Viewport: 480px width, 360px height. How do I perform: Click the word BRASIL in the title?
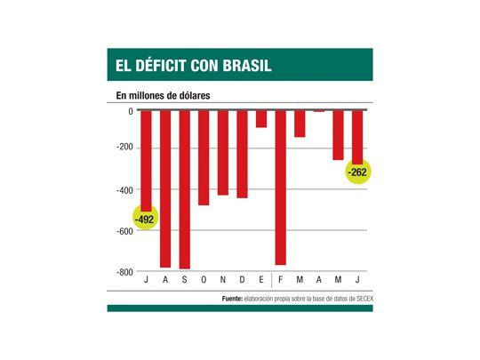tap(239, 65)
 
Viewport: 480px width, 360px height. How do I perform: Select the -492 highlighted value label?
tap(144, 219)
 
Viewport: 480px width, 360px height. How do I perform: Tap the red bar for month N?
tap(223, 152)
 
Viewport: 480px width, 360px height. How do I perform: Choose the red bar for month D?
tap(242, 153)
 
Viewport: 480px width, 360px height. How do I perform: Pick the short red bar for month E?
tap(261, 118)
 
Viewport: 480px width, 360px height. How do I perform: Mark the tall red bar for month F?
tap(281, 187)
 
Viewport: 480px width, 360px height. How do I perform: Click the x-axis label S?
tap(184, 281)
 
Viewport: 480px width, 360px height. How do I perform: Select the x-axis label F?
tap(281, 281)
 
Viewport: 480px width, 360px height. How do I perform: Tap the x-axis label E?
tap(261, 281)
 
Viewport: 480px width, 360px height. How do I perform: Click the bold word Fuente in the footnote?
tap(235, 300)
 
